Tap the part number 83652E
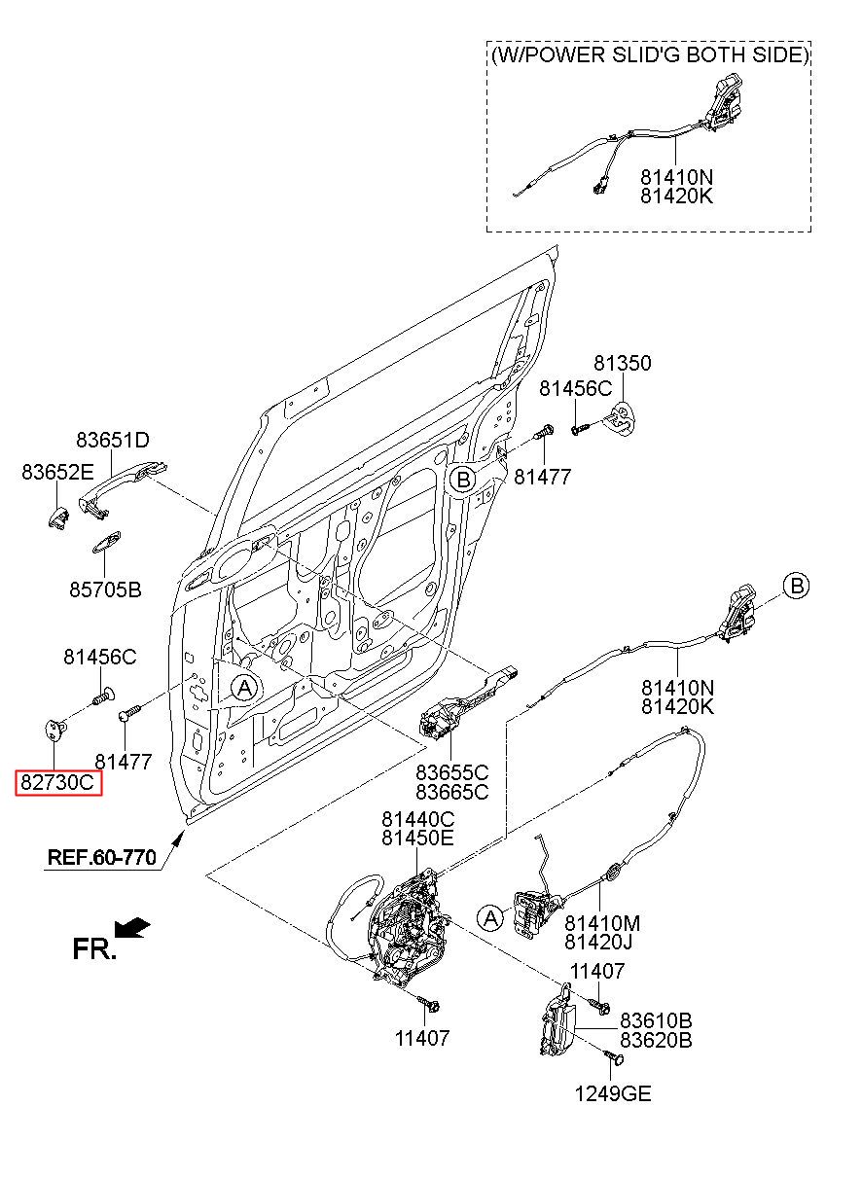point(57,472)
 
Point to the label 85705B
point(106,589)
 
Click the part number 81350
point(623,363)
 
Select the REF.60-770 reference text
point(102,858)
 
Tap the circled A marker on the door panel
point(244,688)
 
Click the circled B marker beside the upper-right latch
point(796,586)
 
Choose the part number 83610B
point(656,1020)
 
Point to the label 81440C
point(418,819)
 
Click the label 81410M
point(602,923)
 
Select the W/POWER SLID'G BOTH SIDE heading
point(650,55)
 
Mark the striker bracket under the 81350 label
point(621,419)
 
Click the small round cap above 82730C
point(54,729)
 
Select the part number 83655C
point(451,772)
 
